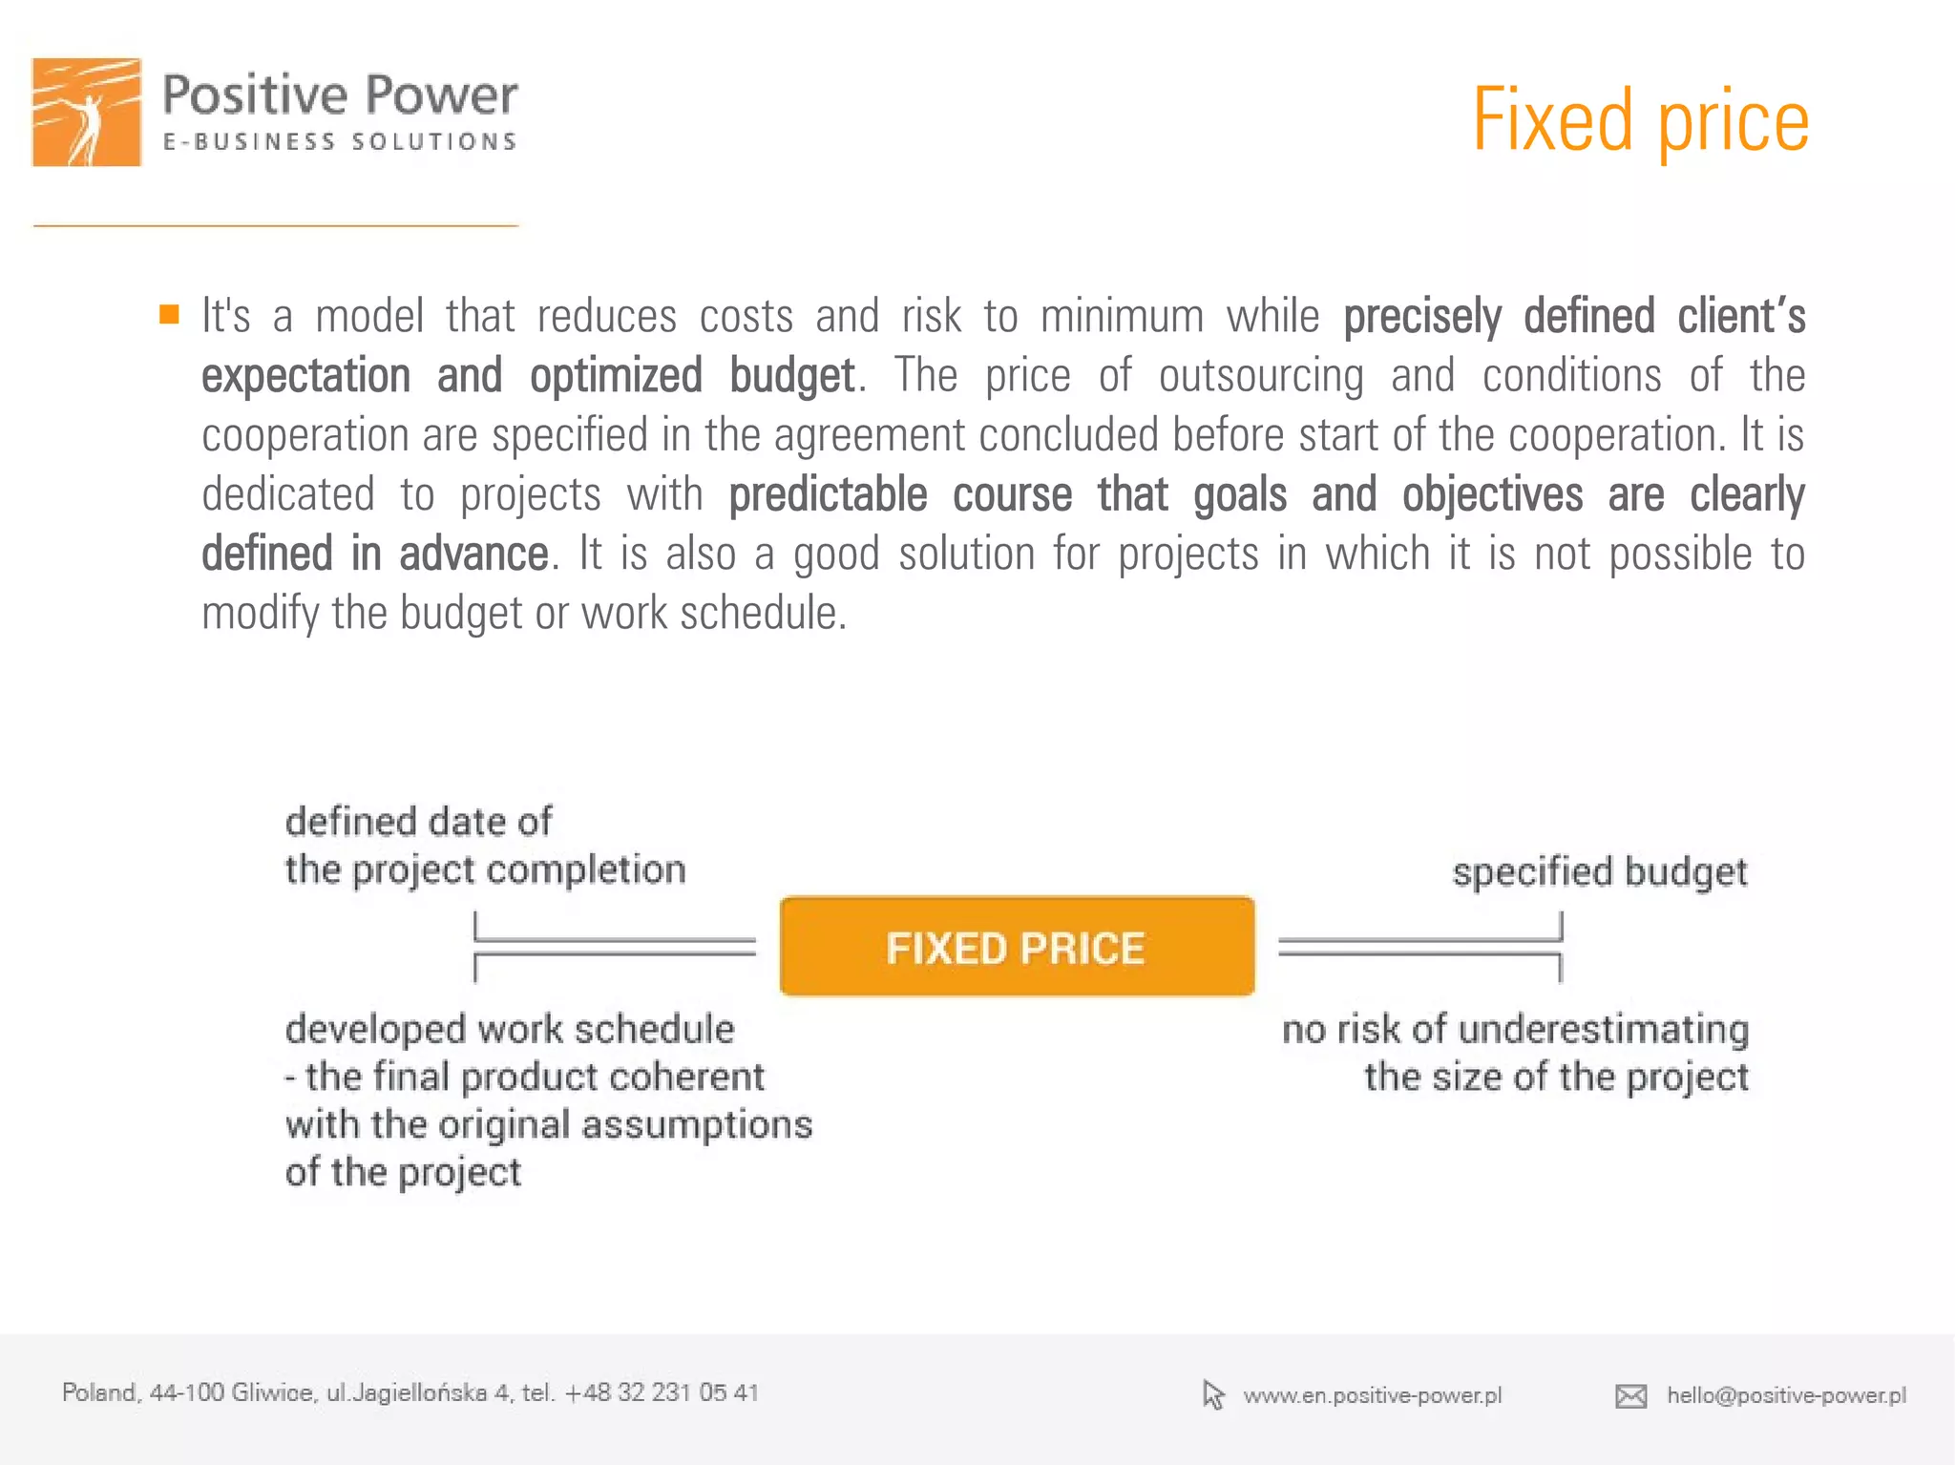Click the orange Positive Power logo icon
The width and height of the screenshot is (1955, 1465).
pos(87,113)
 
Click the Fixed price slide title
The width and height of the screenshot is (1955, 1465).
pos(1639,120)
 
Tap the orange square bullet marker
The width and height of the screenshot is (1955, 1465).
pos(169,314)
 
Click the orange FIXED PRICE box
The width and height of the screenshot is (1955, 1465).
pos(1017,947)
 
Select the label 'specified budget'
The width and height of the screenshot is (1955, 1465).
pos(1599,872)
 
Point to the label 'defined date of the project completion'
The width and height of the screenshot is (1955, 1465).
pos(484,846)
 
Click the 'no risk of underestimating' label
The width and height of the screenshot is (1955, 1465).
pos(1515,1030)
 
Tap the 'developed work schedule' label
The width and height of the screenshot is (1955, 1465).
pos(510,1030)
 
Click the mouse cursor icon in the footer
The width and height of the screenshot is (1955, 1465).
pos(1212,1394)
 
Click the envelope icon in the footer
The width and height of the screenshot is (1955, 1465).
pos(1630,1396)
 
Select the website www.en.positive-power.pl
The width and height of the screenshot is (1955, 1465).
pos(1372,1395)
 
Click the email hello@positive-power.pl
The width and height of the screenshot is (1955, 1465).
pos(1786,1395)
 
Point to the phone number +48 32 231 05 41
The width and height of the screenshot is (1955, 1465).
pos(662,1392)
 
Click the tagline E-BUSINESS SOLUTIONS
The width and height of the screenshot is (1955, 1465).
pos(340,142)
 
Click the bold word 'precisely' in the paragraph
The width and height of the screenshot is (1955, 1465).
pos(1421,317)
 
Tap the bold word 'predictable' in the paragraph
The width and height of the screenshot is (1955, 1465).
pos(828,494)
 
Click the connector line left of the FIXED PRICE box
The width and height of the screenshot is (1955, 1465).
pos(615,946)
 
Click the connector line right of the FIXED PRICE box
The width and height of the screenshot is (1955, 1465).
pos(1419,946)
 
